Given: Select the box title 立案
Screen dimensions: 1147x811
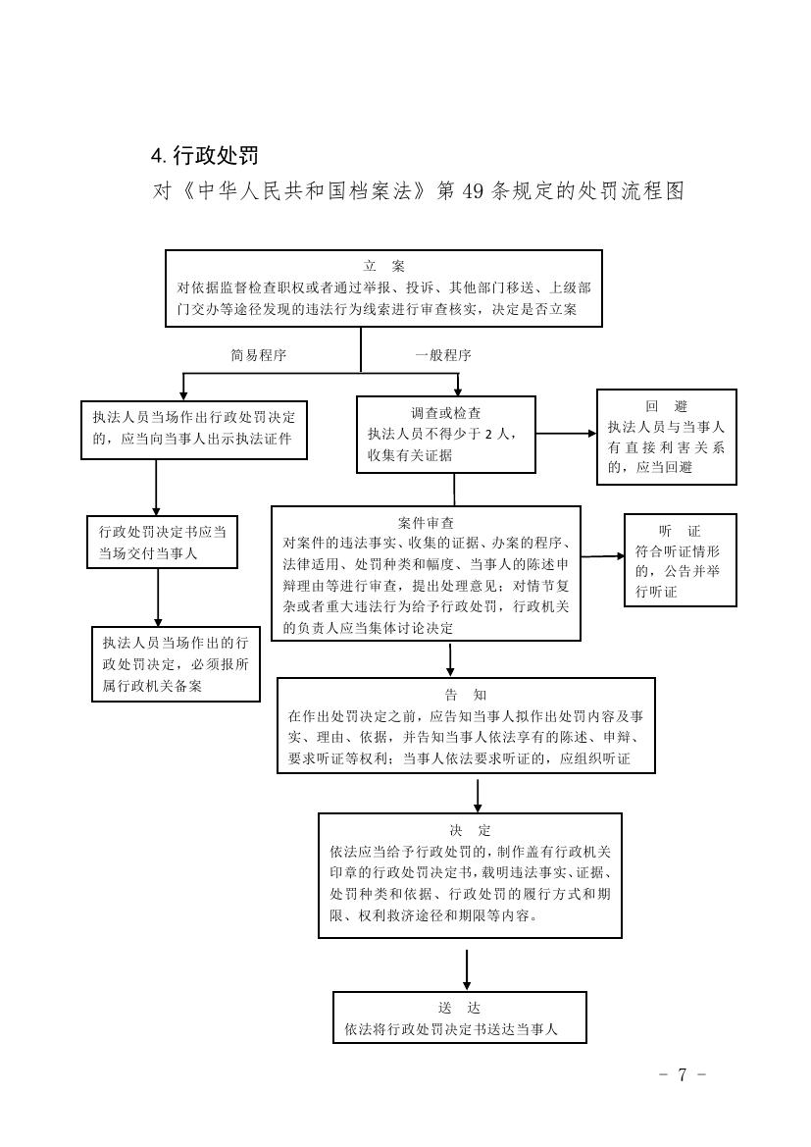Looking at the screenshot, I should [x=383, y=266].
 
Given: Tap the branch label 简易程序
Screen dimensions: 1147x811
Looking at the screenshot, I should [x=258, y=355].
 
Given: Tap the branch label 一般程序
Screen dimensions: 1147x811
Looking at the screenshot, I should [x=442, y=355].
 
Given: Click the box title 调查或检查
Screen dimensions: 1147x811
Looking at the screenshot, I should [x=445, y=413].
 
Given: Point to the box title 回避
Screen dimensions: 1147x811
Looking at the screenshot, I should [x=666, y=406].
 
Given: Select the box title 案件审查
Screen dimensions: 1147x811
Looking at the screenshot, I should [x=426, y=523].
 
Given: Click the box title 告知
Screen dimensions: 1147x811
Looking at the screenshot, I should [x=465, y=695].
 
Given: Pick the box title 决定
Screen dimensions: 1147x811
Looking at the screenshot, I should [x=470, y=830].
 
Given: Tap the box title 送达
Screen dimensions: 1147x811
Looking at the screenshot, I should [x=459, y=1009].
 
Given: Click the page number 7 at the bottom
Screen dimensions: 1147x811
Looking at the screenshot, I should [x=682, y=1074].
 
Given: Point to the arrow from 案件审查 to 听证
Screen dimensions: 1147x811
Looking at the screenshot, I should [x=602, y=556].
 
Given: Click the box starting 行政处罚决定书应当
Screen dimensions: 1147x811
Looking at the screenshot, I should [x=162, y=542].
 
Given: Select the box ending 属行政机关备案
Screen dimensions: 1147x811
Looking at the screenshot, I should [x=176, y=664].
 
